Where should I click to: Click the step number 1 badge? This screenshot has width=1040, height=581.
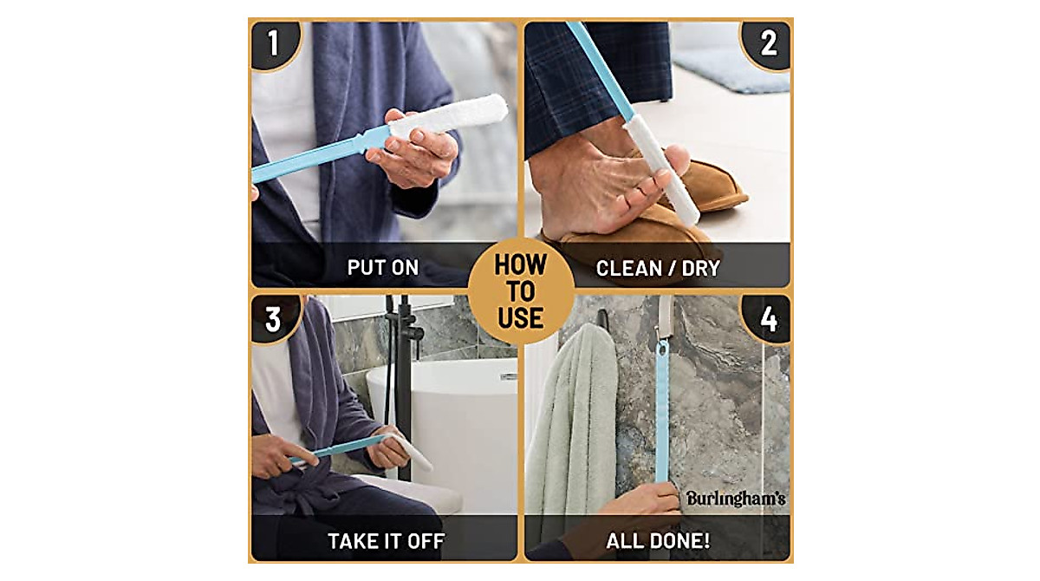coord(273,42)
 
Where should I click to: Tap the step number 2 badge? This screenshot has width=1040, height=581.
coord(768,42)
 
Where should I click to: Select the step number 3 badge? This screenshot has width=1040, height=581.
coord(273,318)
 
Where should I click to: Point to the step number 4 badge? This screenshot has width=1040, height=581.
coord(768,318)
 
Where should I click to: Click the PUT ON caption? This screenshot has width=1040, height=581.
coord(383,268)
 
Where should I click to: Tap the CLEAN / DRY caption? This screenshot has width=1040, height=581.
coord(658,268)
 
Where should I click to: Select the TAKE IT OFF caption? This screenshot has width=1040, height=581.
coord(386,542)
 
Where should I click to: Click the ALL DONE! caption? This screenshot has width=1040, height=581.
coord(658,542)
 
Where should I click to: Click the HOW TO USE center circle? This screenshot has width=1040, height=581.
coord(521,291)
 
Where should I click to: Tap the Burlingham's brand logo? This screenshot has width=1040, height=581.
coord(736,499)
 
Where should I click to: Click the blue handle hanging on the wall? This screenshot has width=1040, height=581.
coord(662,408)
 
